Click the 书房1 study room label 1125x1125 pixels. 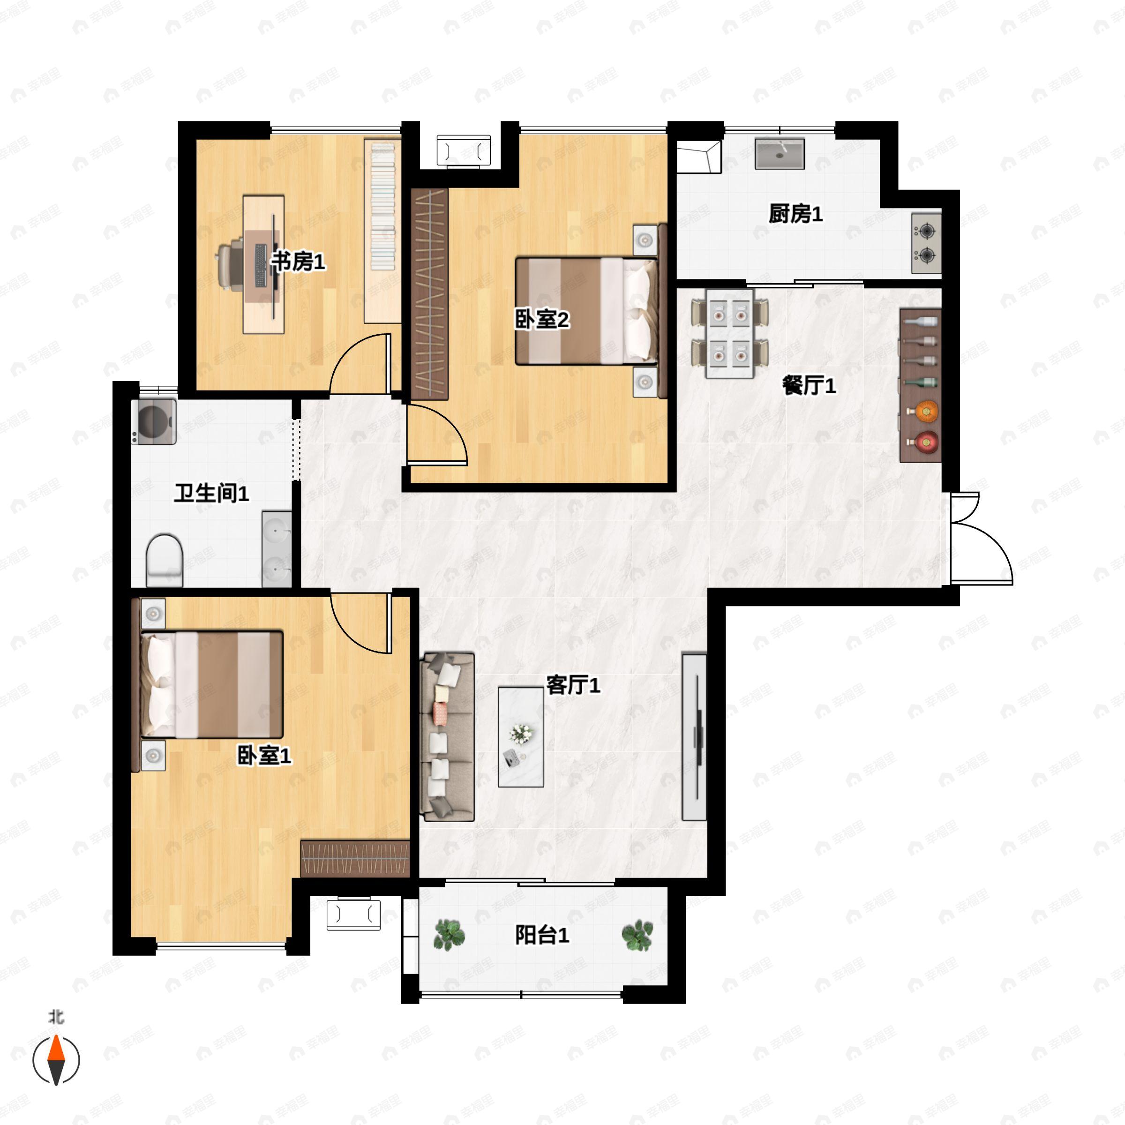click(298, 262)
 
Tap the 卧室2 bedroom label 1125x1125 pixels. click(541, 319)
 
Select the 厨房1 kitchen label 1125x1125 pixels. click(795, 214)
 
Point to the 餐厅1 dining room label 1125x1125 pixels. click(809, 385)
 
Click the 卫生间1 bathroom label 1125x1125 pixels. click(211, 493)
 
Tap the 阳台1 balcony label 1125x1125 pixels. click(541, 935)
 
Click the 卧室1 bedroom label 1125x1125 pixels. click(264, 756)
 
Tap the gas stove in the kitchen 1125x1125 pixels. click(926, 243)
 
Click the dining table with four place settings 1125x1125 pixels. click(730, 334)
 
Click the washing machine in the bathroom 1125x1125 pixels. click(154, 421)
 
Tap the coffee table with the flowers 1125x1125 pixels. click(521, 736)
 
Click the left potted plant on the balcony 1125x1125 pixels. click(449, 935)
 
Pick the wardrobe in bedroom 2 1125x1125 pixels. click(430, 294)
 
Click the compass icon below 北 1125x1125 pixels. click(56, 1060)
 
